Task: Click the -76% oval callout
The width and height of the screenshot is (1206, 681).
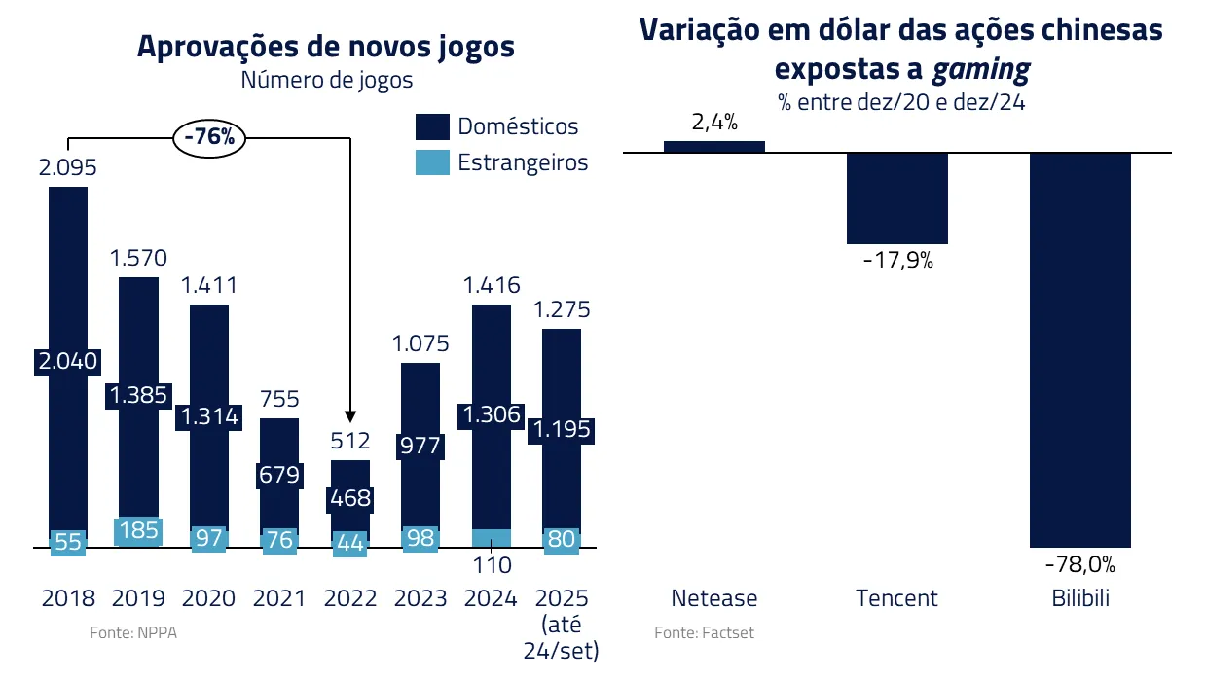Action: (x=209, y=137)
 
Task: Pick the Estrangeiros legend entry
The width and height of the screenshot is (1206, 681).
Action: (x=502, y=162)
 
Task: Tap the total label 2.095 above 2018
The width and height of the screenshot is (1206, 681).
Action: (x=68, y=167)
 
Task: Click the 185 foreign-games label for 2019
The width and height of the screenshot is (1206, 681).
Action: (x=137, y=531)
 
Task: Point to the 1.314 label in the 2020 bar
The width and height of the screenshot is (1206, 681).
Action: (x=208, y=416)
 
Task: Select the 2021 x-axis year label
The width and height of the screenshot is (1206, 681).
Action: (x=279, y=597)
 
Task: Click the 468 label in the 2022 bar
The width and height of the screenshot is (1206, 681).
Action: (x=350, y=499)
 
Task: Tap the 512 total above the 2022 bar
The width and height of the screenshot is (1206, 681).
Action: (x=350, y=441)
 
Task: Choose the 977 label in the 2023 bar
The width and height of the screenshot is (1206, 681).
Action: (x=420, y=446)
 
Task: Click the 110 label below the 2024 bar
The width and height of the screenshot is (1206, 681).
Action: (x=491, y=564)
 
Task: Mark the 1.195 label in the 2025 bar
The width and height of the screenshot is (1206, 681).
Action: (x=561, y=430)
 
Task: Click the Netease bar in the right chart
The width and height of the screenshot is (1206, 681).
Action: (x=714, y=147)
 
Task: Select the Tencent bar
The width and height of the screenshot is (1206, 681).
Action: (x=896, y=197)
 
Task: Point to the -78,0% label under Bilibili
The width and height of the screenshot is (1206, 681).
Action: (x=1079, y=564)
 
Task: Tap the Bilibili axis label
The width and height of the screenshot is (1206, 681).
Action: (x=1080, y=597)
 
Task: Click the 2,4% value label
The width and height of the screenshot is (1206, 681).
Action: (x=714, y=123)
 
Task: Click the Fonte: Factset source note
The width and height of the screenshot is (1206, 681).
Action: (x=704, y=632)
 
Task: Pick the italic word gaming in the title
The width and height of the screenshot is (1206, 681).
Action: (x=980, y=69)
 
